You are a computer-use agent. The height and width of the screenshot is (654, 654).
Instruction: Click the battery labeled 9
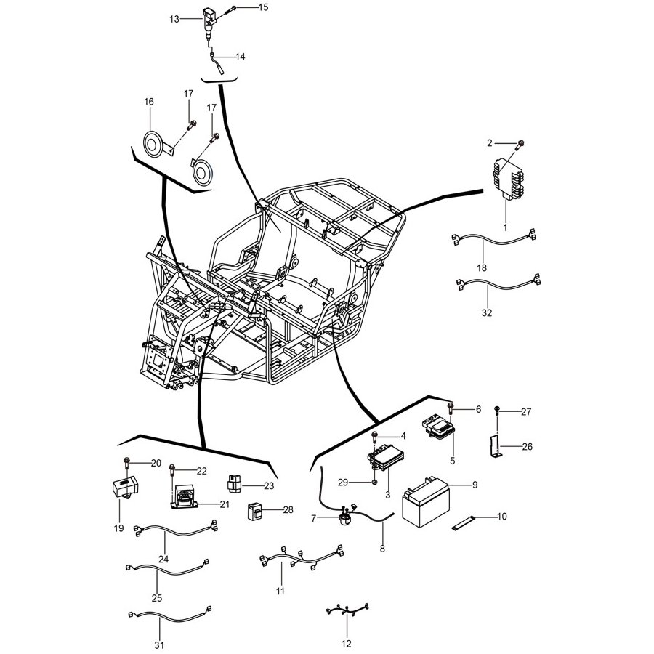[x=425, y=503]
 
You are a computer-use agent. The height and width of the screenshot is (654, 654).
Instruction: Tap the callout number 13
[x=174, y=19]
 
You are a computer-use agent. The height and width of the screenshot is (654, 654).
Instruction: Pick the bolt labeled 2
[x=520, y=145]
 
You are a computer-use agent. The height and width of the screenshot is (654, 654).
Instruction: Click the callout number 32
[x=487, y=312]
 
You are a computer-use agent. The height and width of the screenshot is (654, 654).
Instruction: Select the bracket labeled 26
[x=495, y=447]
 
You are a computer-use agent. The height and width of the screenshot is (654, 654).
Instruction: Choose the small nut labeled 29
[x=374, y=483]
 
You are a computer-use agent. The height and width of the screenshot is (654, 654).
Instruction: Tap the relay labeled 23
[x=234, y=483]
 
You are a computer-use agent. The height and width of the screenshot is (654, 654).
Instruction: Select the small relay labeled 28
[x=255, y=511]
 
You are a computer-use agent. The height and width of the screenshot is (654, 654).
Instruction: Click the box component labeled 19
[x=126, y=487]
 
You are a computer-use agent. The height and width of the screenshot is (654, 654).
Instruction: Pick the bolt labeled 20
[x=126, y=463]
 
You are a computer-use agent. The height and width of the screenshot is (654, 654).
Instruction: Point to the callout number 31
[x=159, y=646]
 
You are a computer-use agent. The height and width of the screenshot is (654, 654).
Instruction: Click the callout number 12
[x=347, y=644]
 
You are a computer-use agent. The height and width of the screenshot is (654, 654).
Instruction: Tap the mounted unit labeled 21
[x=184, y=497]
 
